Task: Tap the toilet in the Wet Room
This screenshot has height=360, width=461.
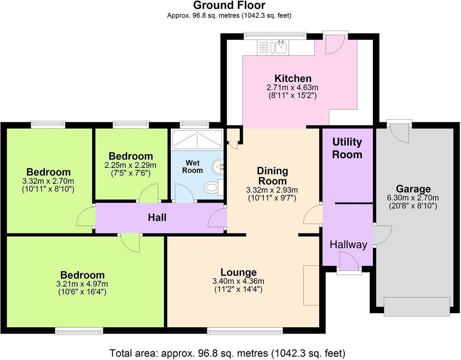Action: [212, 188]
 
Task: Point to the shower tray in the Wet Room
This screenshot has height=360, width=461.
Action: [197, 140]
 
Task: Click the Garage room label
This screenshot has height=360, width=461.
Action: [413, 189]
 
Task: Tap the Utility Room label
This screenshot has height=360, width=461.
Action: [347, 148]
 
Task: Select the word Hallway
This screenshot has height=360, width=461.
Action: [348, 244]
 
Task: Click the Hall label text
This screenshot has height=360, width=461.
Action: [157, 217]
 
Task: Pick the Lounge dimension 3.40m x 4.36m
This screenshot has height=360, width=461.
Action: [238, 281]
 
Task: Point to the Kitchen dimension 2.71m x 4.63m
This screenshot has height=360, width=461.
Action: [292, 87]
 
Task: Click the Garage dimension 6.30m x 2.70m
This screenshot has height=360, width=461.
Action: [413, 198]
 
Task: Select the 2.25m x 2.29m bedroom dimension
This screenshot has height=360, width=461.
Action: [130, 165]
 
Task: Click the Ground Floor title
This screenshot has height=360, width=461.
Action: [229, 5]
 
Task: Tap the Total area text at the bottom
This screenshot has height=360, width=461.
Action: [227, 353]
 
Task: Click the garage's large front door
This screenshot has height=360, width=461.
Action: [417, 306]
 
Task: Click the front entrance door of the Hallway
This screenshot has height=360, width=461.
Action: [349, 261]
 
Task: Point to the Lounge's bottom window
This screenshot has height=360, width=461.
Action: [245, 331]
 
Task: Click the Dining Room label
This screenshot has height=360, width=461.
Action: [272, 175]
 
